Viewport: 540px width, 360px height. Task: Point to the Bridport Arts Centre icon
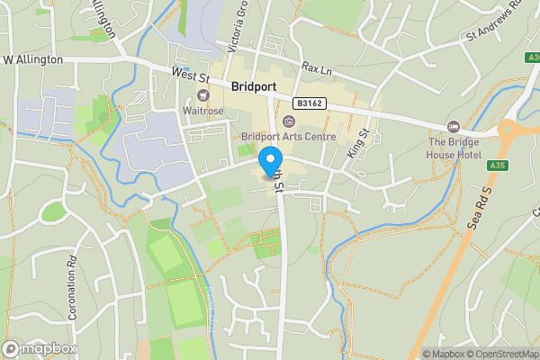288,121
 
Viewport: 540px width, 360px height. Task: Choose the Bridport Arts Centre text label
288,137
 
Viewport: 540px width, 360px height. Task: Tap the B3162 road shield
308,104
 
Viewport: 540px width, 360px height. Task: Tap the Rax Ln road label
317,67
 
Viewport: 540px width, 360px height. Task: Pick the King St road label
358,144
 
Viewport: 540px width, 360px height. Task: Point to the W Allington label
32,59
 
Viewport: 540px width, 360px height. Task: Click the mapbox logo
39,348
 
